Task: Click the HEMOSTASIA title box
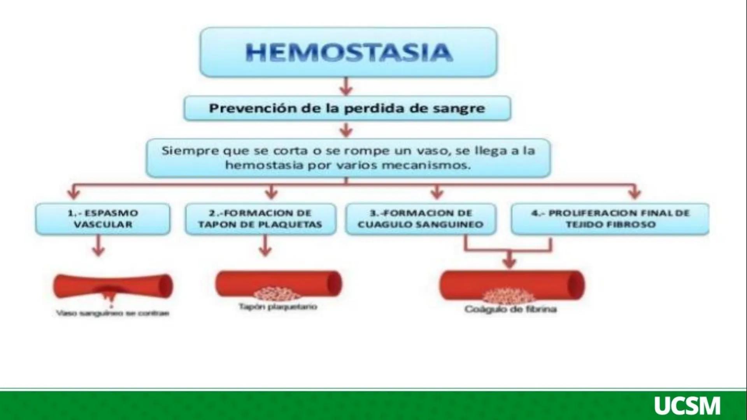click(x=348, y=52)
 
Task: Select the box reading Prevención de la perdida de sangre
click(x=347, y=108)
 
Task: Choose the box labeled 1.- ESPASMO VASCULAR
click(x=103, y=219)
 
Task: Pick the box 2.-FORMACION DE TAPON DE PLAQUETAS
click(x=260, y=219)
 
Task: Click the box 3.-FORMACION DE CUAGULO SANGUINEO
click(x=421, y=219)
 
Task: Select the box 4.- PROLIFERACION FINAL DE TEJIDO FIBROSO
click(x=610, y=219)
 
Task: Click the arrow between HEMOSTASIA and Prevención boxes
click(x=346, y=86)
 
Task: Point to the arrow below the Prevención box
click(x=346, y=130)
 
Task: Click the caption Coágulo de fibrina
click(x=510, y=310)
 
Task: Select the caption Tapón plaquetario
click(x=278, y=307)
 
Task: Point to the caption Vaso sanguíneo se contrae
click(x=113, y=313)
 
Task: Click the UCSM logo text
click(x=687, y=406)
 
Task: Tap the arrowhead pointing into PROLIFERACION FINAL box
click(x=635, y=193)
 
